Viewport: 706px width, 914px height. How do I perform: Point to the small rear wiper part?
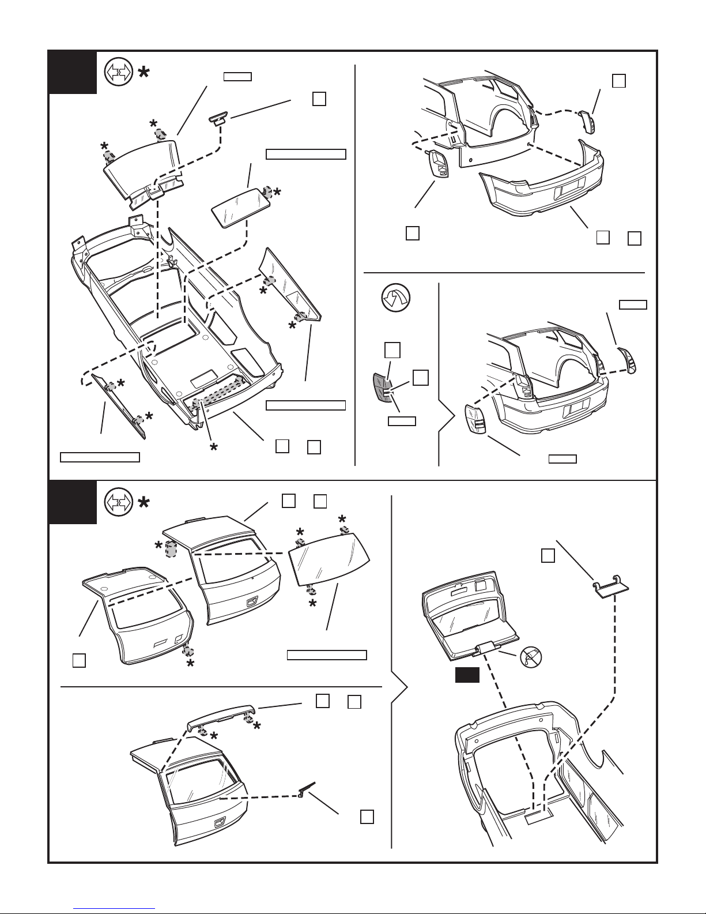[x=307, y=789]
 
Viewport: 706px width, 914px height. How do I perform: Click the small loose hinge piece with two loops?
[x=610, y=586]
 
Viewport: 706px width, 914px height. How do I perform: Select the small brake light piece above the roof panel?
[x=218, y=119]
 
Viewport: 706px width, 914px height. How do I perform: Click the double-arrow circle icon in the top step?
[x=117, y=74]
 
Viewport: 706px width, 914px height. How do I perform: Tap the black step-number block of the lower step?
[x=72, y=502]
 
